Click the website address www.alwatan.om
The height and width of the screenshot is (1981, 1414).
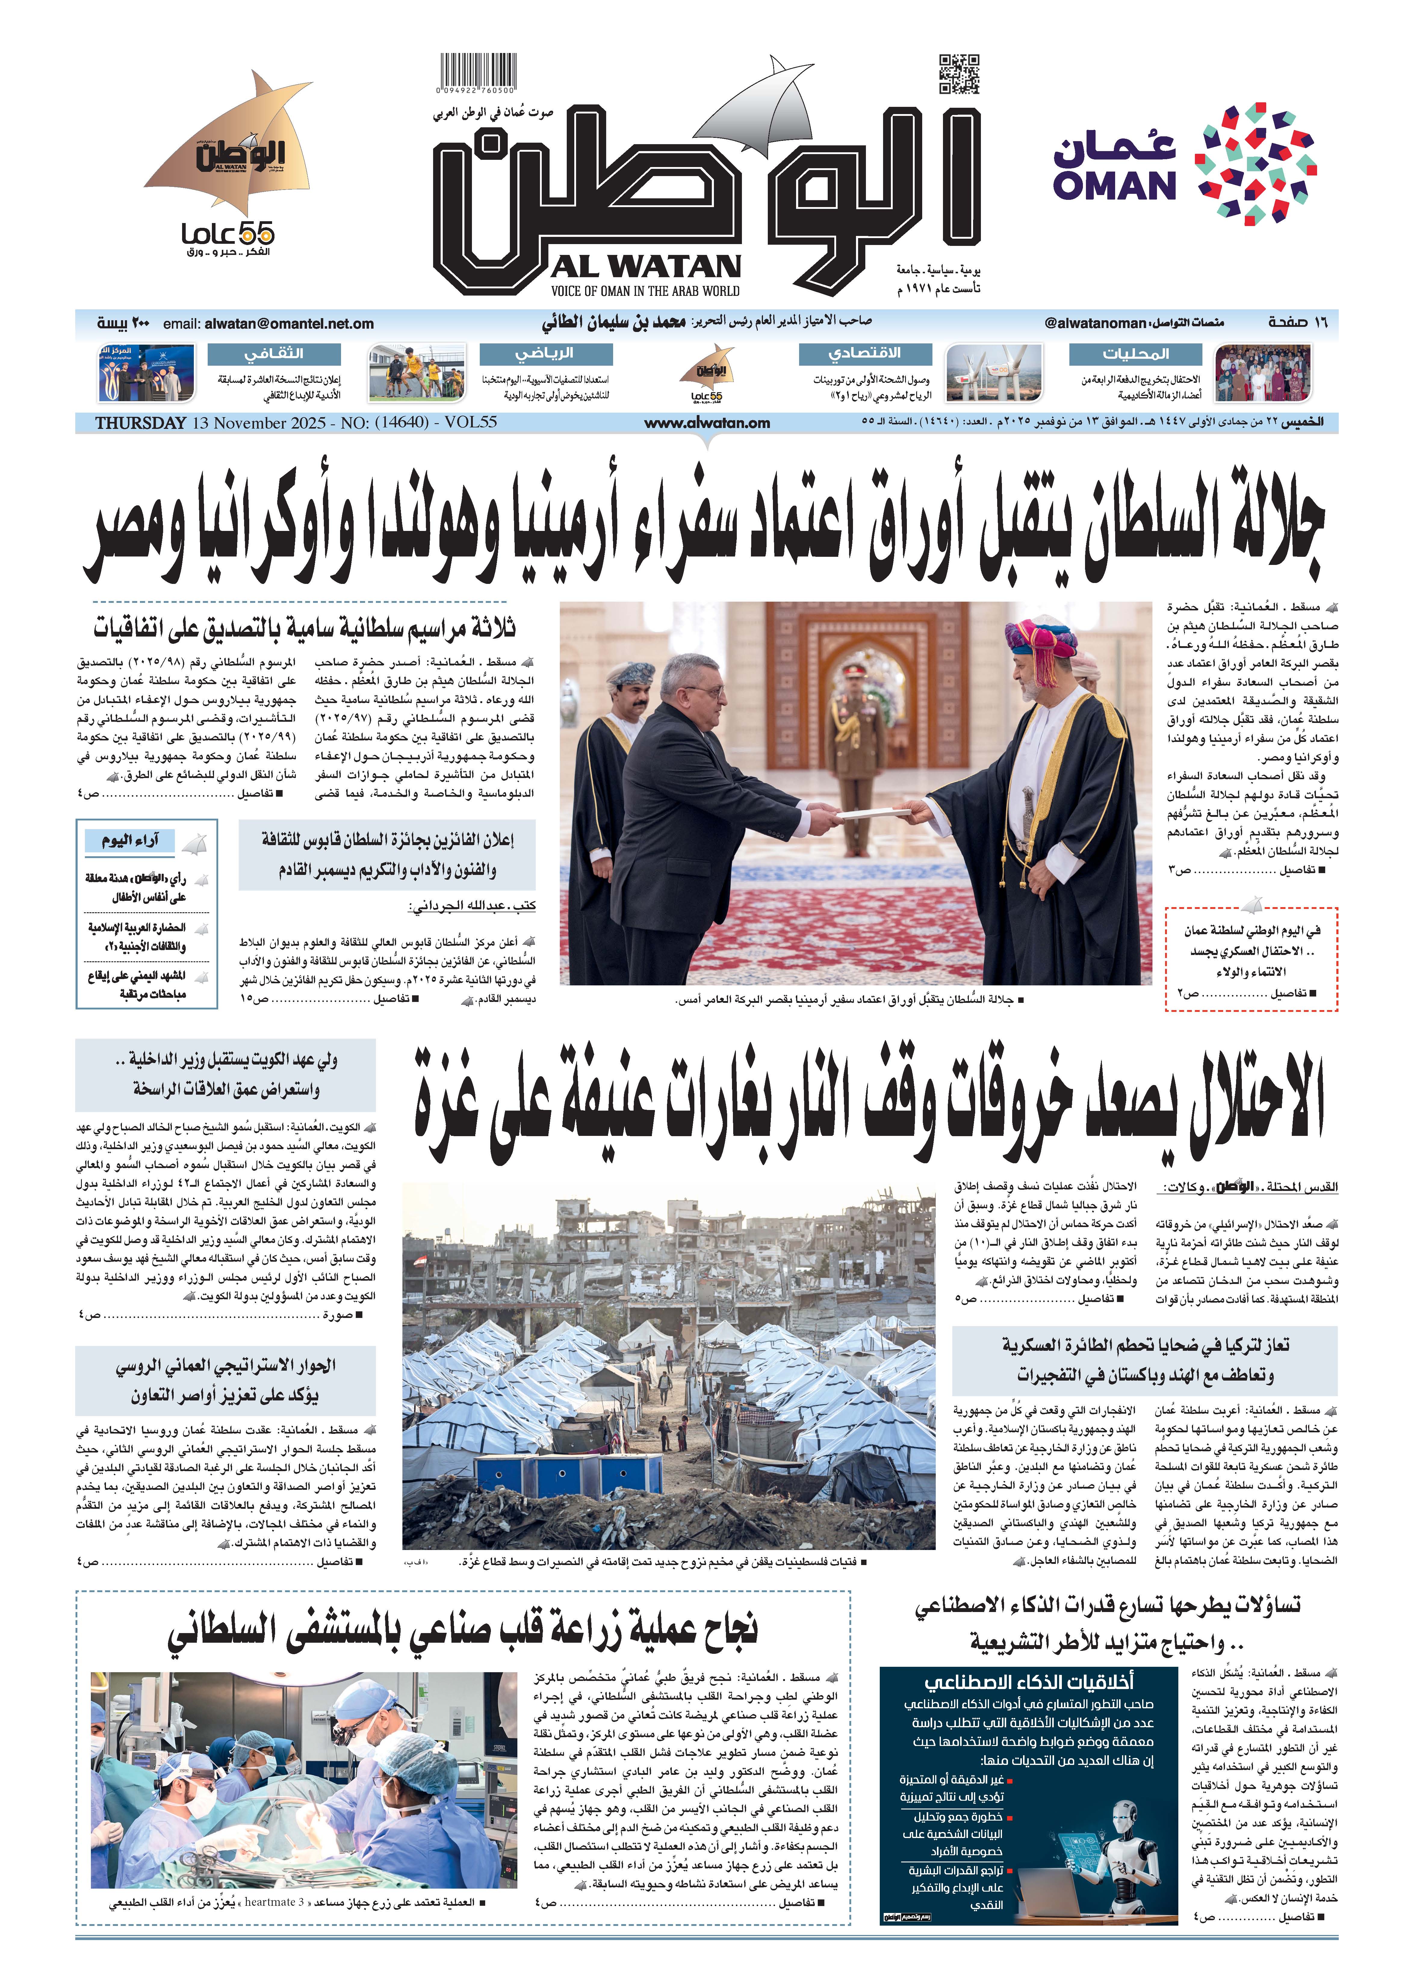pos(707,423)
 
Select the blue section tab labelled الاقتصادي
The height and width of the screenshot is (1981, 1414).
pos(865,354)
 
